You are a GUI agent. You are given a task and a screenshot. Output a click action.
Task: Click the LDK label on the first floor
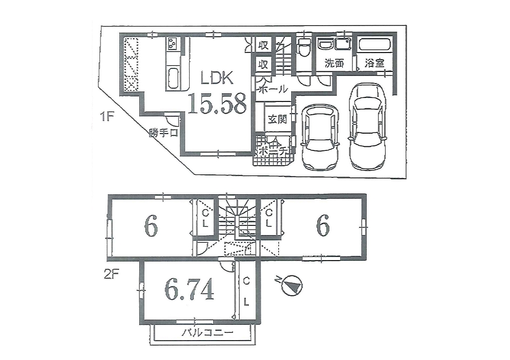tap(217, 79)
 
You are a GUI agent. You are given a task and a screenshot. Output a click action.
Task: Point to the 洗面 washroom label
tap(335, 63)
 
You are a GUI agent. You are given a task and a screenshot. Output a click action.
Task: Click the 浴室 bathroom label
tap(374, 63)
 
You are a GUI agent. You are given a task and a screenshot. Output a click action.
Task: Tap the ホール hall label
tap(272, 88)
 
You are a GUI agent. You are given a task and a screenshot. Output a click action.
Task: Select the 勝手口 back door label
tap(164, 133)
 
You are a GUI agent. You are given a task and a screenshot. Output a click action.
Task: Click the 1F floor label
tap(107, 117)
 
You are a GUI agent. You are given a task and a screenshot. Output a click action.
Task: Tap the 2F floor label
tap(112, 275)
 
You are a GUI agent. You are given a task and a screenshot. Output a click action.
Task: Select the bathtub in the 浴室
tap(375, 44)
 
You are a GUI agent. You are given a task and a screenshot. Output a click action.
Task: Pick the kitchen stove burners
tap(172, 43)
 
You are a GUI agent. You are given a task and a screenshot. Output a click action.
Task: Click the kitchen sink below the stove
tap(172, 78)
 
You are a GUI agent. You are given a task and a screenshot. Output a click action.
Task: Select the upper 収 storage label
tap(263, 45)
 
